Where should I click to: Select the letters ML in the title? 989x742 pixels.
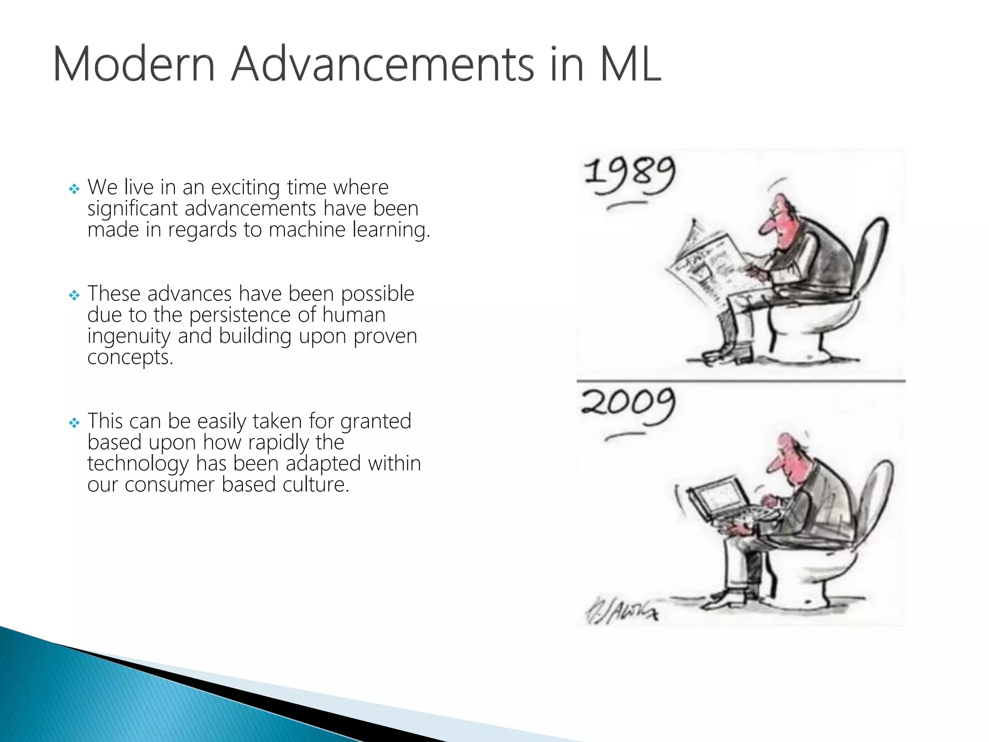click(x=630, y=64)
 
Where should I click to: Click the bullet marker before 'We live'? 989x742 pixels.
click(x=74, y=189)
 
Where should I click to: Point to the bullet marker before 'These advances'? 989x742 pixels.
click(x=74, y=295)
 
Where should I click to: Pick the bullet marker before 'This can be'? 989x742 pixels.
click(x=74, y=423)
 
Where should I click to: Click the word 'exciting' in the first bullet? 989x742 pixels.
click(x=245, y=187)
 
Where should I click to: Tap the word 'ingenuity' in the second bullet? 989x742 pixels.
click(x=129, y=337)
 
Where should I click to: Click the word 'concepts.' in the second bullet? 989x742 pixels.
click(x=130, y=358)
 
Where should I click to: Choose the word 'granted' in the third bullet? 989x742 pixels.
click(x=376, y=422)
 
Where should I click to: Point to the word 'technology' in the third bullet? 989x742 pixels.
click(x=138, y=464)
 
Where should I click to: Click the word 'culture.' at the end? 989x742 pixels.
click(x=316, y=485)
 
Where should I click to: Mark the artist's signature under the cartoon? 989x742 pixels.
click(x=621, y=611)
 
